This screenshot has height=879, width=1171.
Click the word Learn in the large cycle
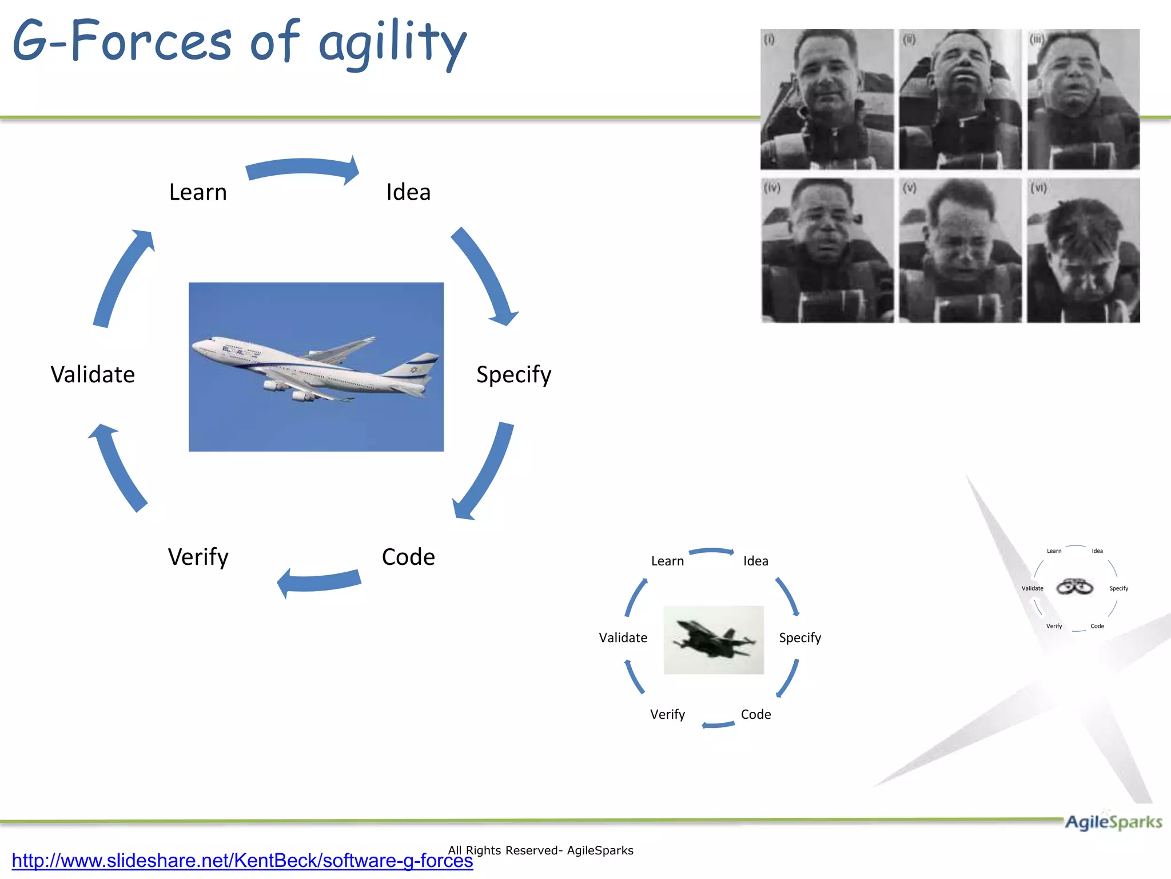click(x=198, y=192)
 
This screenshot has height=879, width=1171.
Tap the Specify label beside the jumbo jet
click(x=513, y=375)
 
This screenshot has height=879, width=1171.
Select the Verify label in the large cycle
click(x=198, y=557)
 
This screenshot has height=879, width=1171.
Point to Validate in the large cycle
click(x=93, y=375)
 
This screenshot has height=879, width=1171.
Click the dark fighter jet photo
click(x=713, y=640)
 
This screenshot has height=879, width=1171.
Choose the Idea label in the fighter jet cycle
click(x=755, y=561)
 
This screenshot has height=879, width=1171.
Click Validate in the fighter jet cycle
click(x=623, y=638)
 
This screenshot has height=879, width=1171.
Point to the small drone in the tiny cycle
click(x=1074, y=587)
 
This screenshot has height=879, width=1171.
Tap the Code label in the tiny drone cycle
click(x=1097, y=626)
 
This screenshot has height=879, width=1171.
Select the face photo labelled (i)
click(x=827, y=100)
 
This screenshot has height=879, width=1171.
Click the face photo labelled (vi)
click(x=1083, y=251)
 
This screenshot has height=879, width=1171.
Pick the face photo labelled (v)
click(x=960, y=251)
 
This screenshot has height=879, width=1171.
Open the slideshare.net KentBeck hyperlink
click(x=242, y=861)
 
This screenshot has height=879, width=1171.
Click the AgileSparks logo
click(x=1113, y=822)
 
